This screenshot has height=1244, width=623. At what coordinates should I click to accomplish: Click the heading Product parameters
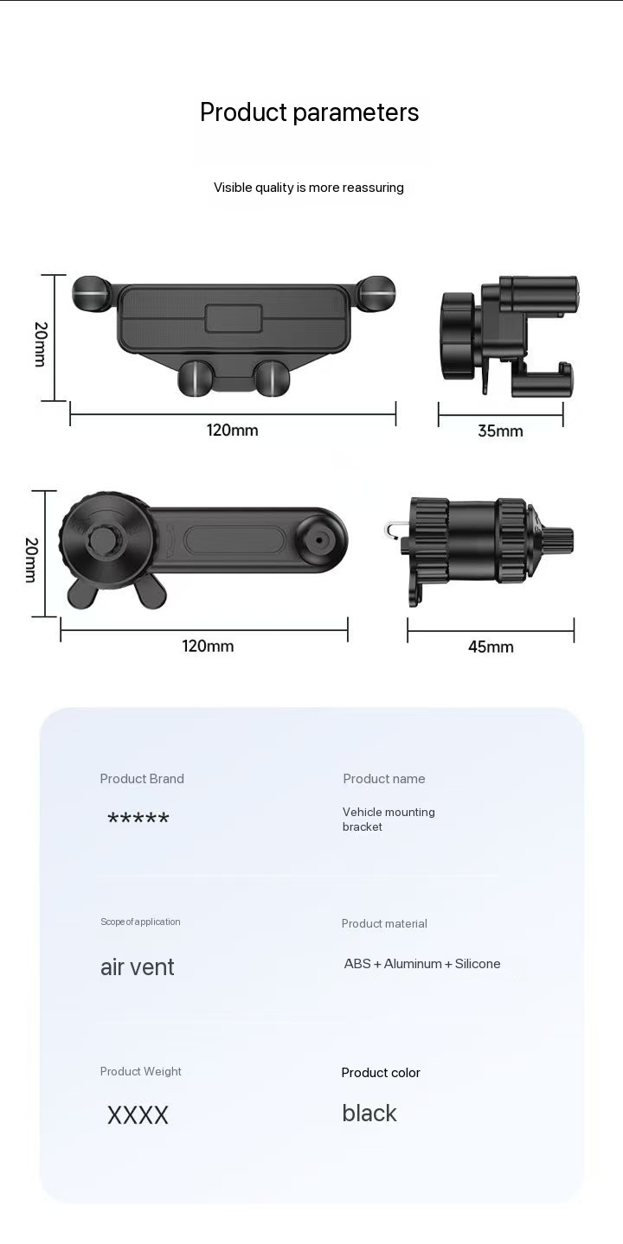tap(309, 112)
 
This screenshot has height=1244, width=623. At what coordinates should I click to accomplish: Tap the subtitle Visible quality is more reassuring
tap(309, 188)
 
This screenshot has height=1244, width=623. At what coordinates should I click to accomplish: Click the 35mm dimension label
tap(500, 431)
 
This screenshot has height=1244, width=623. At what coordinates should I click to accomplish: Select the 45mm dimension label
tap(491, 647)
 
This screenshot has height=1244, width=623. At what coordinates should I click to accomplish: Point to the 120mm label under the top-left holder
tap(232, 430)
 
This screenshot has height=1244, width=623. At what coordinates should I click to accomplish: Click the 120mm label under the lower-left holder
tap(208, 646)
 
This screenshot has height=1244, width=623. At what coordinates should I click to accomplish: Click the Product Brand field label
tap(142, 779)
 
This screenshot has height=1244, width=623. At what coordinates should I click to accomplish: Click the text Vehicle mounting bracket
tap(388, 820)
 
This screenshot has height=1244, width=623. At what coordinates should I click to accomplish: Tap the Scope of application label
tap(140, 922)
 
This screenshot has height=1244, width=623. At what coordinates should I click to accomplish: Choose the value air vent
tap(137, 967)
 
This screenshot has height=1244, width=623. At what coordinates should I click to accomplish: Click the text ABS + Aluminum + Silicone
tap(422, 964)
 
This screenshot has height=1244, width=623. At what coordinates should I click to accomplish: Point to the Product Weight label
tap(140, 1072)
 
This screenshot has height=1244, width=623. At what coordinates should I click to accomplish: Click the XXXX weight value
tap(138, 1115)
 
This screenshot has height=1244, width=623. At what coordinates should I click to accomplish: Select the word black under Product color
tap(369, 1113)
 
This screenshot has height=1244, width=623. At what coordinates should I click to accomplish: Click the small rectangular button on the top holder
tap(234, 318)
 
